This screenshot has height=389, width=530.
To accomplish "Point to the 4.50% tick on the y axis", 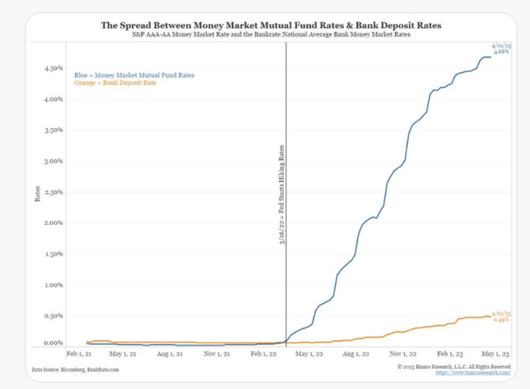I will (x=55, y=68).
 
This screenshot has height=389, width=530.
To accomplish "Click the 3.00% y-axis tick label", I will (x=55, y=161).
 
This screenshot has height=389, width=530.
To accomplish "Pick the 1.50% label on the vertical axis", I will (x=55, y=254).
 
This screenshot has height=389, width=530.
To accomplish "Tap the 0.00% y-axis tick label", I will (x=55, y=343).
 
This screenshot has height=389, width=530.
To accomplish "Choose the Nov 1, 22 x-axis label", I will (x=400, y=352).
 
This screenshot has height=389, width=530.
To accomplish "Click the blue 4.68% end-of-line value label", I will (x=501, y=51).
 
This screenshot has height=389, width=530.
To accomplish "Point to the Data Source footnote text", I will (x=75, y=369).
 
